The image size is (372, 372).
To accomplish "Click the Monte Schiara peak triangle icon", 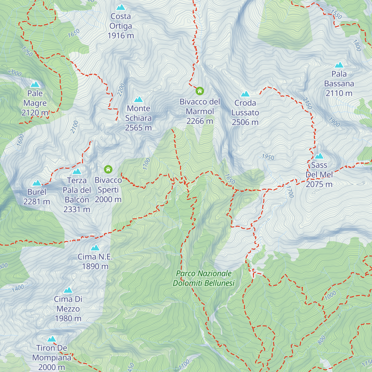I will tap(138, 100).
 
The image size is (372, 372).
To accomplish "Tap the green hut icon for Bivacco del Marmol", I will tap(200, 91).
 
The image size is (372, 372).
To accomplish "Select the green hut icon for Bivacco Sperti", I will tap(108, 169).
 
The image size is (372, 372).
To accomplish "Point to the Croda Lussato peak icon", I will tap(245, 94).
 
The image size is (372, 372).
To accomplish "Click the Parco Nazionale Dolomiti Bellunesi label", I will tap(204, 278).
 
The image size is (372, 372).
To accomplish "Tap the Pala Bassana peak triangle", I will tap(339, 65).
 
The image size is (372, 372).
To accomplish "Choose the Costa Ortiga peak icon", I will tap(121, 7).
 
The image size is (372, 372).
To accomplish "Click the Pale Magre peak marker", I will tap(35, 84).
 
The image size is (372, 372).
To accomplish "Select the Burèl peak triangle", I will tap(37, 183).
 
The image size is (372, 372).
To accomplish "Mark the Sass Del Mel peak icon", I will tap(319, 156).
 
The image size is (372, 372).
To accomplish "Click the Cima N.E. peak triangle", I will tap(95, 248).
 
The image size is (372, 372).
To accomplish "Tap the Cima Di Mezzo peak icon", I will tap(68, 290).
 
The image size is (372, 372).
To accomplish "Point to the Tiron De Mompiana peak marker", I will tap(51, 339).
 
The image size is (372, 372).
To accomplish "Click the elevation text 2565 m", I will tap(138, 128).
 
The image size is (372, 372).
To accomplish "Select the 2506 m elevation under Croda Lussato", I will tap(245, 122).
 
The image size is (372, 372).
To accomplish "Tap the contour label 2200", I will tap(121, 90).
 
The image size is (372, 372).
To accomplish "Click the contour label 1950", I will tap(268, 157).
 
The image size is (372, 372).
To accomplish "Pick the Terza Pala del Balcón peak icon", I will tap(77, 171).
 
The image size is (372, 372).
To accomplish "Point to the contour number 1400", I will tap(18, 288).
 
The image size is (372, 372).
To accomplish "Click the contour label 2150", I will tap(307, 103).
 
